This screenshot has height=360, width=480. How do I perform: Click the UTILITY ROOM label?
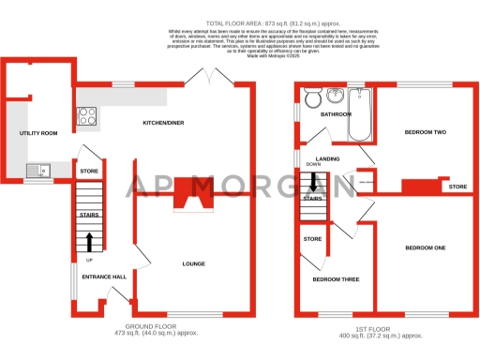[37, 134]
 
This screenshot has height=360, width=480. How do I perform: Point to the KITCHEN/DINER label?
[162, 123]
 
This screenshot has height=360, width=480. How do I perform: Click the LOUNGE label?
[194, 263]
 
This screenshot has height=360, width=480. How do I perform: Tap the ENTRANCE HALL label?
[103, 277]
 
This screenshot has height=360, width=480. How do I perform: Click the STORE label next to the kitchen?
[89, 172]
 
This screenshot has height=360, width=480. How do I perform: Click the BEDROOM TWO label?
[425, 132]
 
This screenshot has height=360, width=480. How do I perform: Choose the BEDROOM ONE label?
[425, 247]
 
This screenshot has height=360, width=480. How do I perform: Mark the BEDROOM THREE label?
[335, 279]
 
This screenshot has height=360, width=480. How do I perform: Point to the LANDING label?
[328, 159]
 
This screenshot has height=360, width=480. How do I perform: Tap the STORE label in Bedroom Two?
[457, 187]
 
